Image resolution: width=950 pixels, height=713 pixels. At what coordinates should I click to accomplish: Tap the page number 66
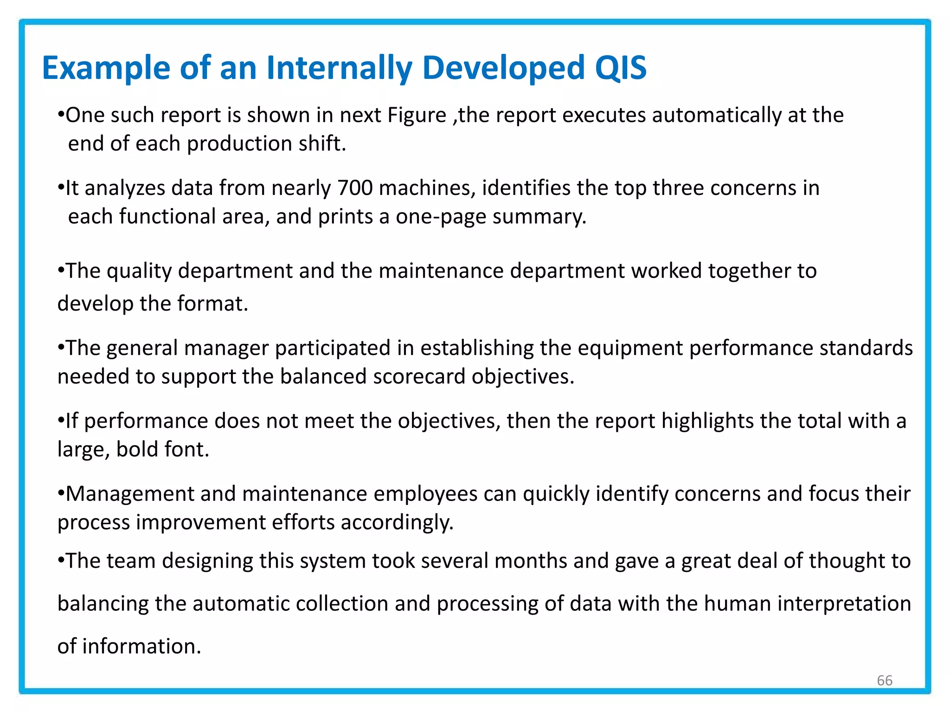point(885,681)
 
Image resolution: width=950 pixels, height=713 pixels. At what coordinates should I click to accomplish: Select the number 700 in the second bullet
point(355,188)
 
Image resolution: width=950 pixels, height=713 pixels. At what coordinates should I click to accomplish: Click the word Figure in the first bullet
point(417,115)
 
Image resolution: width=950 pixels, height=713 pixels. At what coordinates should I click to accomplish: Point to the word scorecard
point(419,376)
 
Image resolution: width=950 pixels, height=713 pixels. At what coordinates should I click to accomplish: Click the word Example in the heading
point(106,68)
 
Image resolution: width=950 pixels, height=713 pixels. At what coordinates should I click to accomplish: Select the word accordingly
point(397,522)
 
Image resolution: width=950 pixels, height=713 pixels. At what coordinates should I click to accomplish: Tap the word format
point(212,304)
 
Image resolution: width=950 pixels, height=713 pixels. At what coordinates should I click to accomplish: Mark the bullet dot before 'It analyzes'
point(60,188)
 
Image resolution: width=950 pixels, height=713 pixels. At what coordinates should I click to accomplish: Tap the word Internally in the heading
point(339,68)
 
